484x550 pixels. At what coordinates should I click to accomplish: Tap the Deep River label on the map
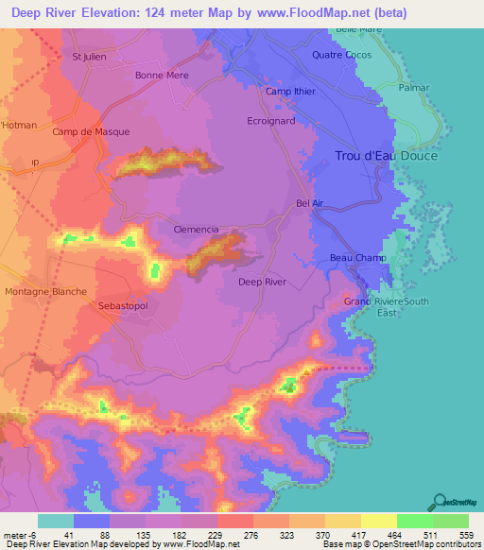tap(262, 282)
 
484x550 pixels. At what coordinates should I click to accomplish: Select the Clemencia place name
tap(197, 230)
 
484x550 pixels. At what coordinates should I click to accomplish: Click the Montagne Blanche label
tap(46, 292)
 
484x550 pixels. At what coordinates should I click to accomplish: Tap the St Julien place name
tap(90, 57)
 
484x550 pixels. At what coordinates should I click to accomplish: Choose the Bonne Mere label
tap(162, 76)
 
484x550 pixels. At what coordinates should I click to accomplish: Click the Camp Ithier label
tap(289, 92)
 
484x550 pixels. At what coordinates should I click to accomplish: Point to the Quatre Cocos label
tap(341, 55)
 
